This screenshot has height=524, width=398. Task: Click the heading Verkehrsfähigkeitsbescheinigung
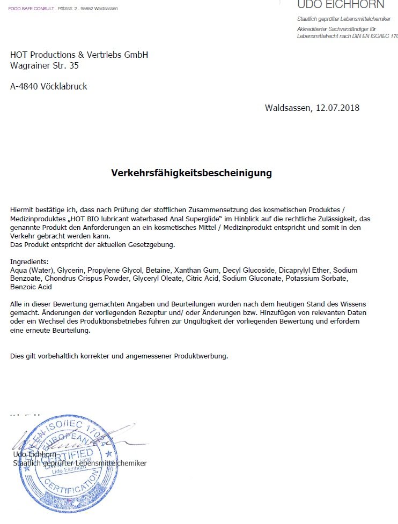(x=191, y=173)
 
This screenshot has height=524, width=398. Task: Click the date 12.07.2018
(x=337, y=108)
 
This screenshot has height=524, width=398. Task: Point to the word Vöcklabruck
(x=66, y=86)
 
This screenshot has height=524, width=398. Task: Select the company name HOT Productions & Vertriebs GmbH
(x=79, y=55)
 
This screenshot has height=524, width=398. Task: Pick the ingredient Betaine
(x=158, y=270)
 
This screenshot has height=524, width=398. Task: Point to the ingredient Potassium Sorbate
(x=317, y=279)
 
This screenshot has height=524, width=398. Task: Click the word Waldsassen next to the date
(x=288, y=108)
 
